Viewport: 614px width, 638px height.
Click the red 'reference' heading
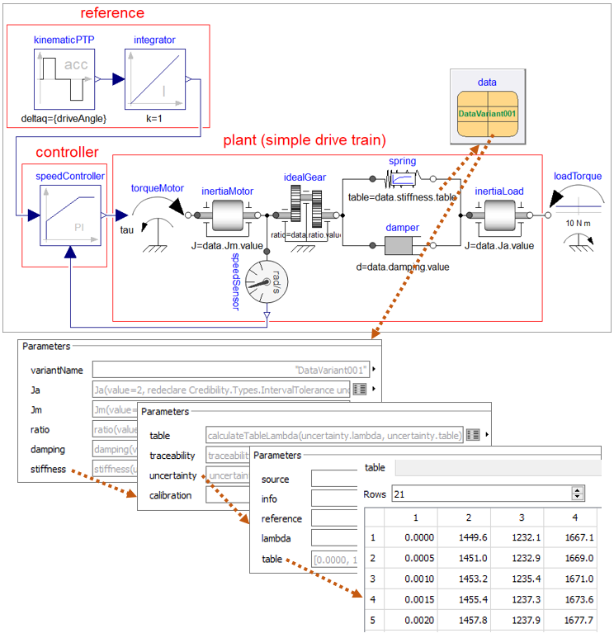(x=112, y=13)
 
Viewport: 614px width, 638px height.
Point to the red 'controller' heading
(x=67, y=153)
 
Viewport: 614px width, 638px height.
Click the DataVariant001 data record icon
(x=487, y=114)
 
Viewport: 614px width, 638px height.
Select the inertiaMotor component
(x=227, y=216)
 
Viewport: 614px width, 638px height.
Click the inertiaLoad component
(x=499, y=216)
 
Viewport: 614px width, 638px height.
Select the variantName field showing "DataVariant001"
(x=230, y=369)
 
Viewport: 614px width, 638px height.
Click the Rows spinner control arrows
(x=578, y=493)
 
